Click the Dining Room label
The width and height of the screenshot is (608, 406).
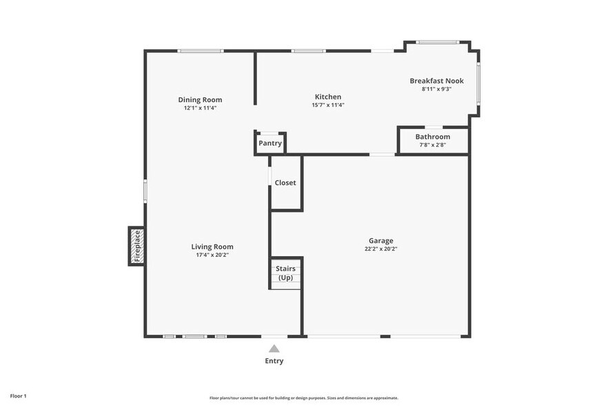(x=200, y=99)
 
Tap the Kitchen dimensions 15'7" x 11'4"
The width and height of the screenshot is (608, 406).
(x=327, y=105)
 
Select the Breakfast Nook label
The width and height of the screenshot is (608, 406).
(x=436, y=81)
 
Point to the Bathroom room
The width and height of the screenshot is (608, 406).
(x=433, y=141)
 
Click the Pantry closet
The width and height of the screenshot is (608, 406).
(x=270, y=143)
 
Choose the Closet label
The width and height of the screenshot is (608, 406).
(x=285, y=183)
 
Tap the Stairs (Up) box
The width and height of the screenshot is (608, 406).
(x=285, y=273)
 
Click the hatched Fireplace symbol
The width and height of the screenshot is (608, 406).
(x=136, y=246)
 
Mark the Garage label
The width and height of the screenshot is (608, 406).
(x=381, y=241)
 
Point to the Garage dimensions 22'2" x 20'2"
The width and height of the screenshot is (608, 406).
(x=381, y=249)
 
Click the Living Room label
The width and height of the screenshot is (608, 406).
(x=212, y=246)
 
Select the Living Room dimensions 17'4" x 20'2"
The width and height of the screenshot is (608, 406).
(x=212, y=255)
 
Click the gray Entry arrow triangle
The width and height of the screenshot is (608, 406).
(x=274, y=349)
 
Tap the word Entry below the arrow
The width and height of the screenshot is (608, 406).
(x=274, y=361)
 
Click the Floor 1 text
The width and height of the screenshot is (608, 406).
(x=17, y=396)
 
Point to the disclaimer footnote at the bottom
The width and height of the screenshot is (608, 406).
(x=303, y=398)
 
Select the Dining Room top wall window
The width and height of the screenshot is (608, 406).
(x=200, y=50)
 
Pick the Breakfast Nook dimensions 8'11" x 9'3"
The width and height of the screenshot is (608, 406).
(x=436, y=89)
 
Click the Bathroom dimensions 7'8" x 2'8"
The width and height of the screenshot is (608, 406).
(x=433, y=145)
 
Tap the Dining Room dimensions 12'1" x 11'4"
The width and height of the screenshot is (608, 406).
(x=200, y=108)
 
